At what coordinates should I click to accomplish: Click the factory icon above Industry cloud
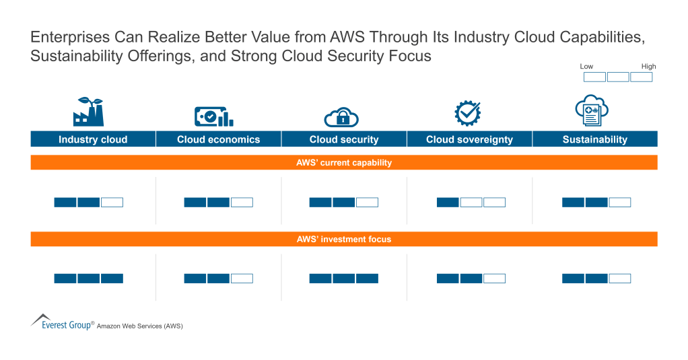pyautogui.click(x=88, y=112)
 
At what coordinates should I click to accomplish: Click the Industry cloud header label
pyautogui.click(x=93, y=139)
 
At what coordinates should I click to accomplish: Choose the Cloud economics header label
pyautogui.click(x=218, y=139)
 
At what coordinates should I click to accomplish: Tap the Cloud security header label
pyautogui.click(x=344, y=139)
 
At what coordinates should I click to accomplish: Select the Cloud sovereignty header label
pyautogui.click(x=469, y=139)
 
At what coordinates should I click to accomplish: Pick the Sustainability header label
pyautogui.click(x=594, y=139)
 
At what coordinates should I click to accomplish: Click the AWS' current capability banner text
pyautogui.click(x=344, y=163)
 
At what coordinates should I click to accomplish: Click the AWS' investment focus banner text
pyautogui.click(x=344, y=239)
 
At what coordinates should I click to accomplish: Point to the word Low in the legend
pyautogui.click(x=587, y=67)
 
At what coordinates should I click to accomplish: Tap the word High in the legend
pyautogui.click(x=648, y=67)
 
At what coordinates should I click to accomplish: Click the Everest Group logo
pyautogui.click(x=62, y=322)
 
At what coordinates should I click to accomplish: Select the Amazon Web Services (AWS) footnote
pyautogui.click(x=139, y=326)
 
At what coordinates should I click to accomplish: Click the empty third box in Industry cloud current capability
pyautogui.click(x=112, y=202)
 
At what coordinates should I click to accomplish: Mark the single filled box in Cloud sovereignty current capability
pyautogui.click(x=448, y=202)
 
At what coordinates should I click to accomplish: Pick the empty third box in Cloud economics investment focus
pyautogui.click(x=242, y=278)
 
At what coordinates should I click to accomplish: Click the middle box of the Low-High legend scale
pyautogui.click(x=618, y=77)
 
